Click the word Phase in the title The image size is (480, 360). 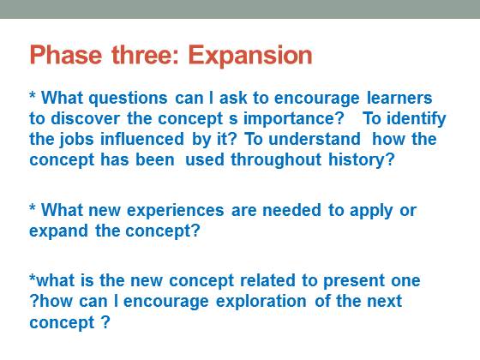point(66,55)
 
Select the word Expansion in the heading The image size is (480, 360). point(250,56)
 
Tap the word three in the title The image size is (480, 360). point(139,55)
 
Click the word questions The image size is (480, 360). point(128,99)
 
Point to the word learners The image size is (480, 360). point(399,98)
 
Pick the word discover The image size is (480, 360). point(85,118)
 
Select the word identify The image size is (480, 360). point(417,119)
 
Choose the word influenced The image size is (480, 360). point(142,139)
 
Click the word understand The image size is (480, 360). point(315,139)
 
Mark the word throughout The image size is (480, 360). point(276,160)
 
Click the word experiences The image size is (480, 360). point(176,211)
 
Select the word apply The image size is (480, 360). point(371,211)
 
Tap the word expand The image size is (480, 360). point(58,231)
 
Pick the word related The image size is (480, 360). point(267,281)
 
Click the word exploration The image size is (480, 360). point(261,302)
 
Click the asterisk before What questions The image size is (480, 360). point(33,94)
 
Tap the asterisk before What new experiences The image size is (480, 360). point(33,207)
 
